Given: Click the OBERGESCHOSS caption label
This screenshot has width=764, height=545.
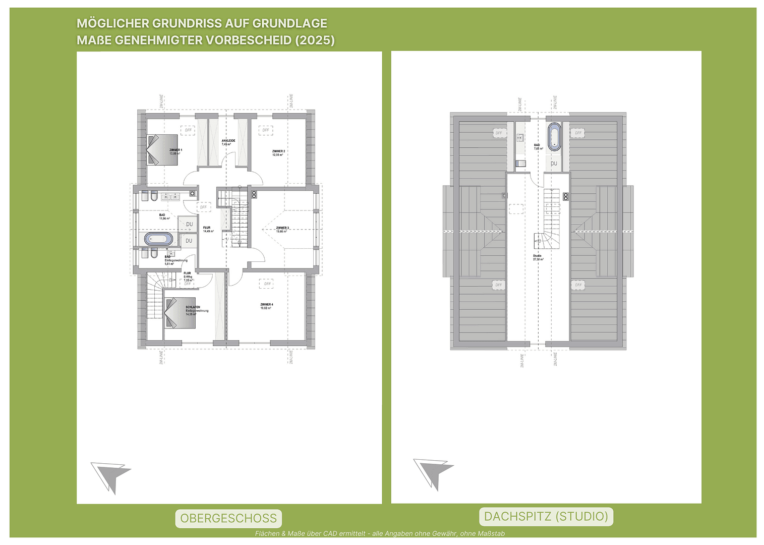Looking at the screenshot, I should [x=228, y=518].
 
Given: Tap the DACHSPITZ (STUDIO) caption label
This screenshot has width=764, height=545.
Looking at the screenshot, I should [x=546, y=516].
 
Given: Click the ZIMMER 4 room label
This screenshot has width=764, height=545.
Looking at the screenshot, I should [x=266, y=306].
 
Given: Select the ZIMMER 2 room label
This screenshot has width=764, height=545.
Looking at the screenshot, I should [x=278, y=152].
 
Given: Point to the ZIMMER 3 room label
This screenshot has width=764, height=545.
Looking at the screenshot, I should [x=282, y=229].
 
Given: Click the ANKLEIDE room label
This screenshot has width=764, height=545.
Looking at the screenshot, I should [x=228, y=142].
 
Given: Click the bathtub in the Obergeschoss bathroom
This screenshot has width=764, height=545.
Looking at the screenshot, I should [x=158, y=239].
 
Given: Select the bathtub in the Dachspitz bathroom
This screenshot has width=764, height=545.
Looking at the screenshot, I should [x=554, y=136].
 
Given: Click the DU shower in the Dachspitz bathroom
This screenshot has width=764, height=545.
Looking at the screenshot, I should [x=554, y=163].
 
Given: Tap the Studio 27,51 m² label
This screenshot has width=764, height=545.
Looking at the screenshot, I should [x=538, y=257].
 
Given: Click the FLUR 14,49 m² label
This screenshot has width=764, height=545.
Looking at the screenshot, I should [x=208, y=229].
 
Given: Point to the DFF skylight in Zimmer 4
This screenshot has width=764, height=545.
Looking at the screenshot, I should [x=267, y=284].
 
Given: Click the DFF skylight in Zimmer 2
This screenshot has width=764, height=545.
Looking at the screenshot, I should [x=265, y=130].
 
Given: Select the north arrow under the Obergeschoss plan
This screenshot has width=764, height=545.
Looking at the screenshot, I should [x=111, y=476].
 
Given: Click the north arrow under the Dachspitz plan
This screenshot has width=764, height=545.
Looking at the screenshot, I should [x=433, y=473].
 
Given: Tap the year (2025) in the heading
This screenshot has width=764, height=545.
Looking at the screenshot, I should [x=315, y=40].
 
